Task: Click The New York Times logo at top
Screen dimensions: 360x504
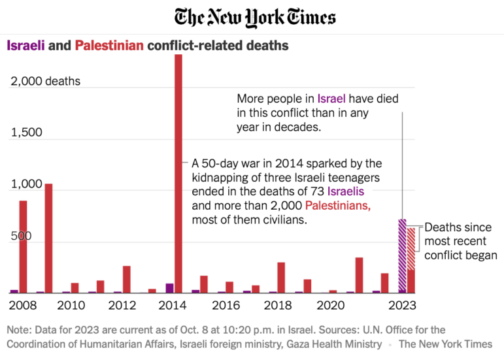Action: [x=255, y=17]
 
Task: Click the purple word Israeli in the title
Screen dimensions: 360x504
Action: [x=25, y=46]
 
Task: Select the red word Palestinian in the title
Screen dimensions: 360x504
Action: [x=109, y=46]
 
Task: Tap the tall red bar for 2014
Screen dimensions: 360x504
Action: [x=178, y=173]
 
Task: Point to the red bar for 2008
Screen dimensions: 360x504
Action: [x=23, y=246]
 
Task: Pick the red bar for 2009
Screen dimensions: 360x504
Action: [x=48, y=238]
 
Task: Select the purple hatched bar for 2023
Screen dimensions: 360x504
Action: [x=403, y=256]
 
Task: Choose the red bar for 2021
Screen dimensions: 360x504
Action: [x=359, y=274]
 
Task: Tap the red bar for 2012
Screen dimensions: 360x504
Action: [x=126, y=279]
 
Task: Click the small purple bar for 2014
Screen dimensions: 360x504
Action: [x=169, y=288]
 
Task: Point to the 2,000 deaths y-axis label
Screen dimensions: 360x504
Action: [x=44, y=82]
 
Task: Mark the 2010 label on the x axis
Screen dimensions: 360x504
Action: [x=71, y=304]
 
